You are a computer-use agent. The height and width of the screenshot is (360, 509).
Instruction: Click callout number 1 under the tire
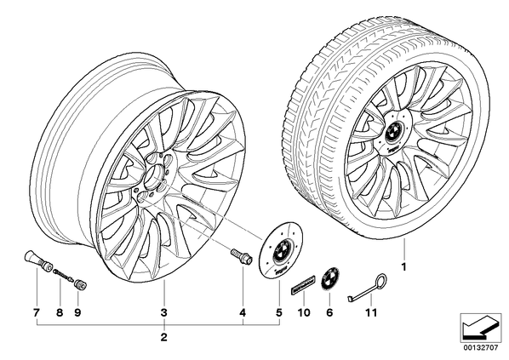coord(403,267)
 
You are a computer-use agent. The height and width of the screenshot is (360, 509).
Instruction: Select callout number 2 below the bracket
coord(164,337)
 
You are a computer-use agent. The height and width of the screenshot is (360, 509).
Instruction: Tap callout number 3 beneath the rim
coord(164,312)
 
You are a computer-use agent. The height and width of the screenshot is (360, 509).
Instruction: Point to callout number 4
coord(243,312)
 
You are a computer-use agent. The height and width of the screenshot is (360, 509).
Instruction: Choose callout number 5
coord(279,312)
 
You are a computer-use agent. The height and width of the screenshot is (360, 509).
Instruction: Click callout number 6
coord(329,312)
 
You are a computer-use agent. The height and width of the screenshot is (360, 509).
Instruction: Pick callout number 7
coord(37,312)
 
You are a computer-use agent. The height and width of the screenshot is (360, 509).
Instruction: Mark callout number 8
coord(60,312)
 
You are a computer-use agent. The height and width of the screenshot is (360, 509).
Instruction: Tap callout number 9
coord(77,312)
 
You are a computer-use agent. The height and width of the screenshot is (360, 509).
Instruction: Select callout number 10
coord(304,312)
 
